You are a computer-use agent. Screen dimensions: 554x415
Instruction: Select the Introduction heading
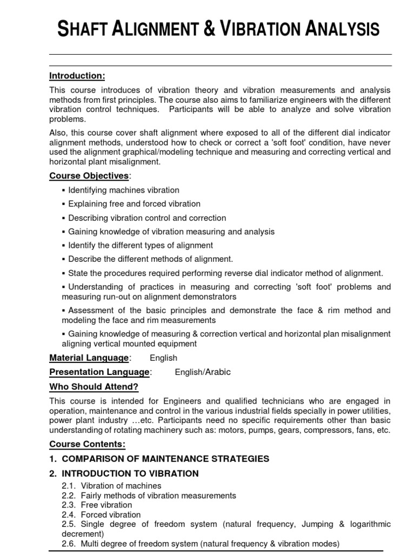point(77,75)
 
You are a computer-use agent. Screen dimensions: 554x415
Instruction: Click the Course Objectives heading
point(89,176)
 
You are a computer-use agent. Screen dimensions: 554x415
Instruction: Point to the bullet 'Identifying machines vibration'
point(123,190)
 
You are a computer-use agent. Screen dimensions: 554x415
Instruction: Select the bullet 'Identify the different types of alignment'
point(140,246)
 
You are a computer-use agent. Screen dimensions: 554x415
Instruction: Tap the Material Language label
point(89,358)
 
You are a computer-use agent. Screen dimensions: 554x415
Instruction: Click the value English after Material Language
point(163,358)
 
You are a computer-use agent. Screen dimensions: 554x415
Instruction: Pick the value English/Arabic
point(203,372)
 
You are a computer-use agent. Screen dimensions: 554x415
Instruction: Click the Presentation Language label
point(100,372)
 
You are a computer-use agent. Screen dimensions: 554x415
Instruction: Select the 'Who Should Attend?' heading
point(94,386)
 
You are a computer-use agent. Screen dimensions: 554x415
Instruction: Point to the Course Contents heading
point(88,444)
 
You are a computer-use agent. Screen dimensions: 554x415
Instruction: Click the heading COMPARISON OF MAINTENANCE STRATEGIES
point(165,459)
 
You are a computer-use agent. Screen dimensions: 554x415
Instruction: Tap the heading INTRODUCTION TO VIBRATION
point(130,473)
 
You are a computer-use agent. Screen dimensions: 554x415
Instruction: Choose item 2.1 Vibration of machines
point(121,486)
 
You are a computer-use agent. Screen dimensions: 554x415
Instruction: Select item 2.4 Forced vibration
point(110,515)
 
